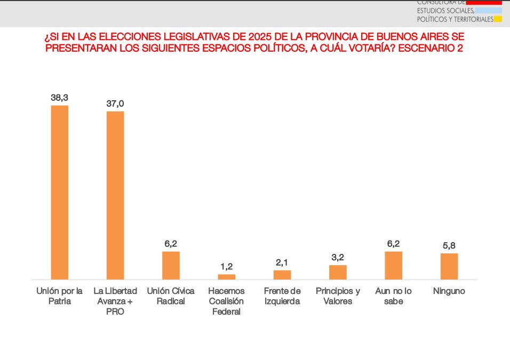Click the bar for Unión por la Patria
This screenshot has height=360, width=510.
[60, 192]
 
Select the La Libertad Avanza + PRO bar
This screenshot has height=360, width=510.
[115, 195]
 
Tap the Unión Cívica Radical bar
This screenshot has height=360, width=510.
[171, 265]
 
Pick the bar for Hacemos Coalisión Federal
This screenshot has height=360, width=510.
[227, 277]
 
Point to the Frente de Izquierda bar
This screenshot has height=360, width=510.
[282, 275]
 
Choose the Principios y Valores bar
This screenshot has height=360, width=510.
[338, 272]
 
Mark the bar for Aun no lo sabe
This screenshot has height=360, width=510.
[393, 265]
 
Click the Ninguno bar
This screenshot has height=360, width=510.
[449, 266]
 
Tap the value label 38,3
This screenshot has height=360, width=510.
[60, 98]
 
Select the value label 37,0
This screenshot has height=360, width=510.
[115, 103]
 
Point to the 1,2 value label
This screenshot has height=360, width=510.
[227, 267]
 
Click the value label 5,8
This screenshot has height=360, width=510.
[449, 246]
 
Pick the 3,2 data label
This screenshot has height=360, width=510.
[338, 258]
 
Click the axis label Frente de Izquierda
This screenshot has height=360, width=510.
[282, 296]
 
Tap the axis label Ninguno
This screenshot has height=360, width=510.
[449, 291]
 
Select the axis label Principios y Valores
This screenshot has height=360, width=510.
[338, 296]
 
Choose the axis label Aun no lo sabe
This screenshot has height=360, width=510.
[393, 296]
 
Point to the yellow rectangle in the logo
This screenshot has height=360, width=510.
[498, 20]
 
